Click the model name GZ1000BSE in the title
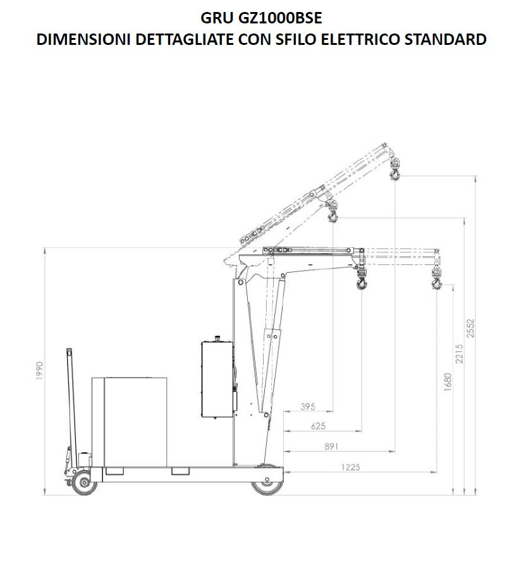tap(279, 18)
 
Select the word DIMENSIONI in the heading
tap(83, 39)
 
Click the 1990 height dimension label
tap(39, 371)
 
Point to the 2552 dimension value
tap(470, 328)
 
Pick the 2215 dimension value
tap(460, 354)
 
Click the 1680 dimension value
tap(448, 382)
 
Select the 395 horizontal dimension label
tap(307, 407)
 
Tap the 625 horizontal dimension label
tap(318, 426)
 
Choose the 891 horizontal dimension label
tap(331, 446)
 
